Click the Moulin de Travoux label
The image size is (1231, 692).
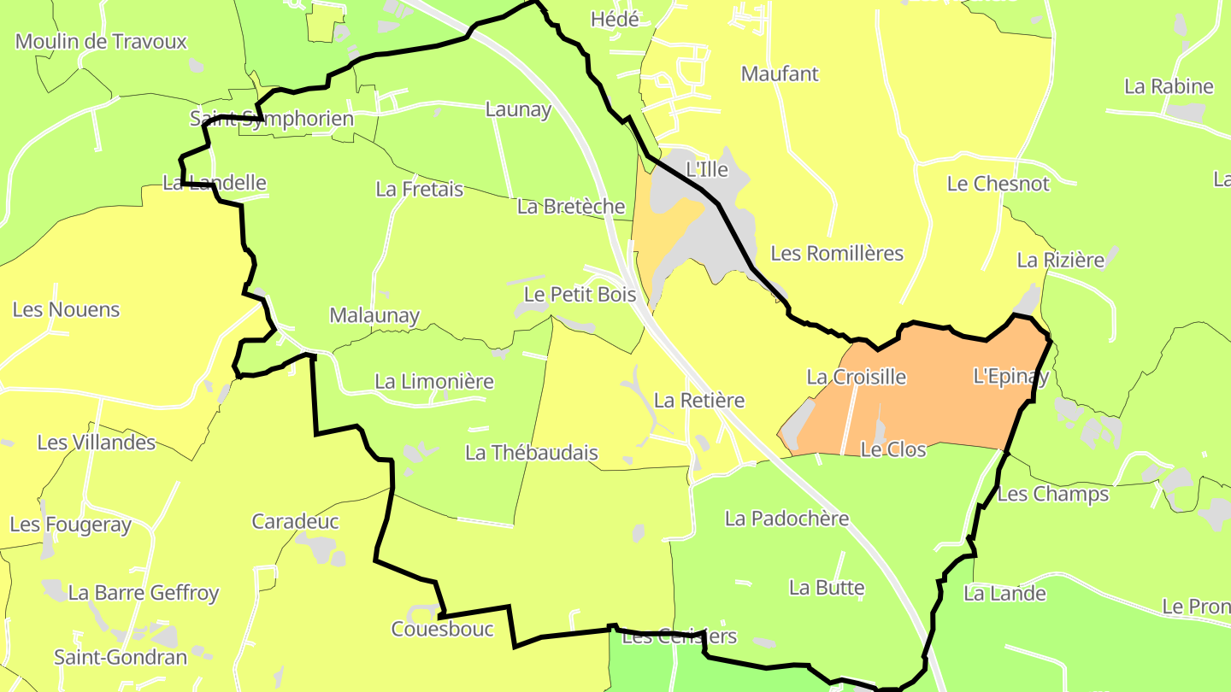[101, 41]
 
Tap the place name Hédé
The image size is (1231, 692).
[615, 19]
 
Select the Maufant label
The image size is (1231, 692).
[780, 73]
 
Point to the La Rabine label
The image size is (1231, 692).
[1169, 86]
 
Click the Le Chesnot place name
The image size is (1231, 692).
[998, 184]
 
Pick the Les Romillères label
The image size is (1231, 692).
[837, 254]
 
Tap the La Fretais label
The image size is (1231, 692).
[419, 189]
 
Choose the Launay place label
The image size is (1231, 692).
[518, 109]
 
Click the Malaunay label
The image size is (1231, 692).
[374, 315]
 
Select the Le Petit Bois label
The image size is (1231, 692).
[580, 295]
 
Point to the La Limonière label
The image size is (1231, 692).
[434, 381]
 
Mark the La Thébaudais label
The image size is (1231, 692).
[531, 453]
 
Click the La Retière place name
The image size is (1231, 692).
[699, 400]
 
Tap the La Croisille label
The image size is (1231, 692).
[856, 377]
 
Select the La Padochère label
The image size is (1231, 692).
[786, 519]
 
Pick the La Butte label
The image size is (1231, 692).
[827, 588]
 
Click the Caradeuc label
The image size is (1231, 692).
[295, 521]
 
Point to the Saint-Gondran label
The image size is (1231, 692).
[121, 657]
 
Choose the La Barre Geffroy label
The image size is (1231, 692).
[144, 592]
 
